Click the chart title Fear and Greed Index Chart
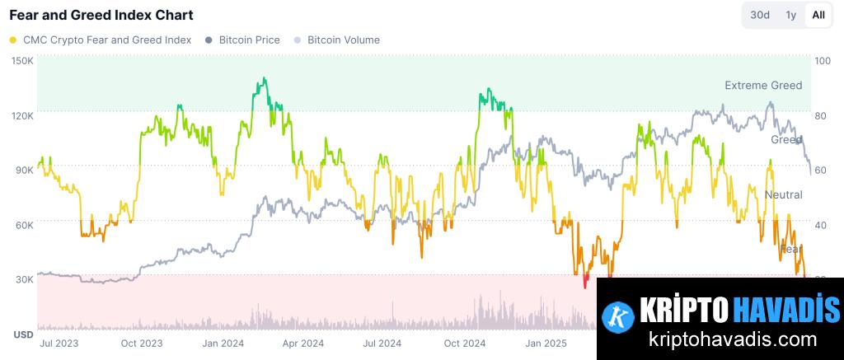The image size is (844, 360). pyautogui.click(x=101, y=15)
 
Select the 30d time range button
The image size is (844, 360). pyautogui.click(x=759, y=15)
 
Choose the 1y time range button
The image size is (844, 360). pyautogui.click(x=790, y=15)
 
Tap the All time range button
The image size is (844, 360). pyautogui.click(x=818, y=15)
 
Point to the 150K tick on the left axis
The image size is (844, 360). pyautogui.click(x=22, y=61)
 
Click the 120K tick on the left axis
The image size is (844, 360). pyautogui.click(x=22, y=115)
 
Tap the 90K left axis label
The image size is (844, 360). pyautogui.click(x=24, y=170)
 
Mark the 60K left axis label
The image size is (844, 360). pyautogui.click(x=24, y=224)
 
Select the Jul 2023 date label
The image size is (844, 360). pyautogui.click(x=59, y=343)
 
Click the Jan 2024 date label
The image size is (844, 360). pyautogui.click(x=223, y=343)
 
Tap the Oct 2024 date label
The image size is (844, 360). pyautogui.click(x=465, y=343)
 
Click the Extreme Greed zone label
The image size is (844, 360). pyautogui.click(x=762, y=85)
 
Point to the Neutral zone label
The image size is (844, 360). pyautogui.click(x=783, y=194)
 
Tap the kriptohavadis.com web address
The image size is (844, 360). pyautogui.click(x=720, y=339)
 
